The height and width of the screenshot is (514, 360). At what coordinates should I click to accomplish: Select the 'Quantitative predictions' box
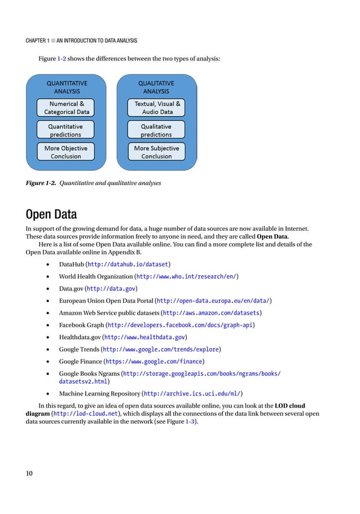65,130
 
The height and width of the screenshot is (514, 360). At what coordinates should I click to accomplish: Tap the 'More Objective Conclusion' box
65,152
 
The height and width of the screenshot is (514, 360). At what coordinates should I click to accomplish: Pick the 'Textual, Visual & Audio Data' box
157,108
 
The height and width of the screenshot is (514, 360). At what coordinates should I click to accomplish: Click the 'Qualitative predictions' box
156,130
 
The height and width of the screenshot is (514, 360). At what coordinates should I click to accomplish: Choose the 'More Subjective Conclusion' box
156,152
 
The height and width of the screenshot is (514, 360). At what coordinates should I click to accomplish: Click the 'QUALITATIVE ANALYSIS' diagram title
156,87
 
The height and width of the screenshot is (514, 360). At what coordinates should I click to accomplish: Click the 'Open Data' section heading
51,214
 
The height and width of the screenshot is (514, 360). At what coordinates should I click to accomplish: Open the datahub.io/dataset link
134,264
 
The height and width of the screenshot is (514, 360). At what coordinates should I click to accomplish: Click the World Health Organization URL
186,276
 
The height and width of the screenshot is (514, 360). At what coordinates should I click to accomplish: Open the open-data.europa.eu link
213,301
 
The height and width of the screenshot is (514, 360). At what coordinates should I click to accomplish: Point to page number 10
29,473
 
